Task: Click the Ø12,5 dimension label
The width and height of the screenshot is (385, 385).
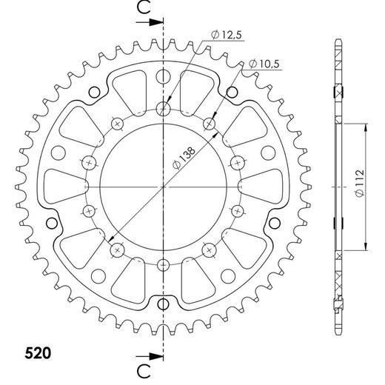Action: tap(227, 35)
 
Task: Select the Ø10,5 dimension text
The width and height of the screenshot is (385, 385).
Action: tap(264, 64)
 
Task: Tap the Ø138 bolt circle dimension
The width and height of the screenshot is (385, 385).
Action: tap(184, 158)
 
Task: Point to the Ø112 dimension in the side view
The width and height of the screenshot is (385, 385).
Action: tap(360, 183)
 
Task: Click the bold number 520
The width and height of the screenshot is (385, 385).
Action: tap(38, 353)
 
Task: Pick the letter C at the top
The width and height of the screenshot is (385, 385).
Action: tap(144, 7)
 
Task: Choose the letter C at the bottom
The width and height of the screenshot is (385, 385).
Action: tap(144, 371)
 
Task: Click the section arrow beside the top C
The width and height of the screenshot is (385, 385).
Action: tap(150, 22)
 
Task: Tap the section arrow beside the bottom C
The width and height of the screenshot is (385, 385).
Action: tap(150, 356)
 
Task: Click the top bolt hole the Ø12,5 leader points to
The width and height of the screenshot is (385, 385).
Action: tap(163, 108)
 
